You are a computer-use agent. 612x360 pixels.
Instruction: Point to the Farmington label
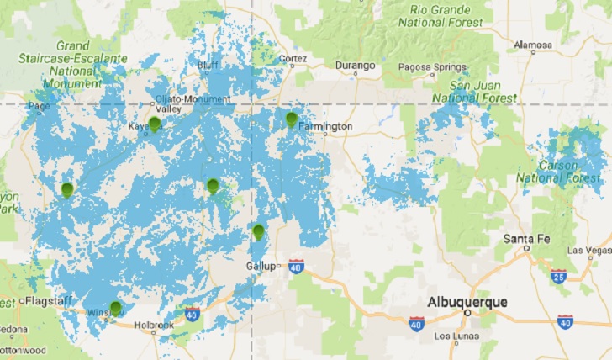(325, 127)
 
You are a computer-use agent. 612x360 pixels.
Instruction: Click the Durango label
(356, 65)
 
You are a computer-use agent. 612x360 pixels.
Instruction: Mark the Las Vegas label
(590, 250)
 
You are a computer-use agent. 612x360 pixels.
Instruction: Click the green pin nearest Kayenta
(154, 124)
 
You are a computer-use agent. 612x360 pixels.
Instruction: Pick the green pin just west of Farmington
(292, 119)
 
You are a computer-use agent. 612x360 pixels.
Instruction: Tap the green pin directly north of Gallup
(258, 232)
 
